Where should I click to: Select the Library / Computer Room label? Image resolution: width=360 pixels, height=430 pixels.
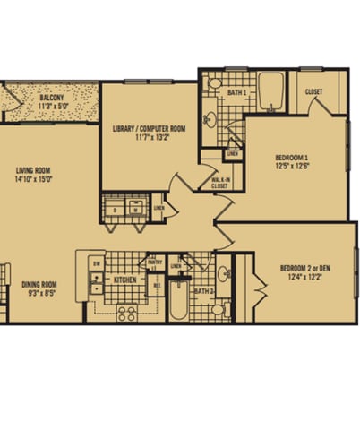(x=149, y=128)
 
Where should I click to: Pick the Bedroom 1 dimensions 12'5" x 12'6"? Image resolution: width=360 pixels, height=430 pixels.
(x=292, y=166)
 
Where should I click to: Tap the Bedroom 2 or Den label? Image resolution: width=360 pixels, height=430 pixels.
(x=304, y=268)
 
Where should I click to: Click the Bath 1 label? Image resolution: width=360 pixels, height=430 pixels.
(x=236, y=92)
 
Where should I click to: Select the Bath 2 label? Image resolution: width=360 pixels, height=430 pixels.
(x=204, y=291)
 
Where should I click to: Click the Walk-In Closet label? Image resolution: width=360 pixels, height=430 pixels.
(x=221, y=184)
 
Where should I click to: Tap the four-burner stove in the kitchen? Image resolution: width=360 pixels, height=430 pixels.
(x=126, y=312)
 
